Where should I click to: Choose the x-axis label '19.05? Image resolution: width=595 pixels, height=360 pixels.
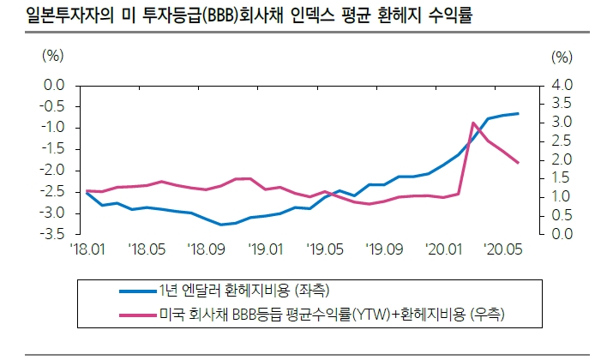(325, 249)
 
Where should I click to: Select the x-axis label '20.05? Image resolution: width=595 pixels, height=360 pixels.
(502, 249)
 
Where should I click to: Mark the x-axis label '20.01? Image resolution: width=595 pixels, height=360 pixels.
(443, 249)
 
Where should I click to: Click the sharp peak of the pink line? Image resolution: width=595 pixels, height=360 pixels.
(473, 123)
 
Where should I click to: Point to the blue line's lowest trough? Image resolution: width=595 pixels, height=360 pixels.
(220, 225)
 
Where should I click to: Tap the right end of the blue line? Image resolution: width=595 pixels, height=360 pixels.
(518, 113)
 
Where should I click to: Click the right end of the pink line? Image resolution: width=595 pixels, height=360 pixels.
(518, 163)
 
